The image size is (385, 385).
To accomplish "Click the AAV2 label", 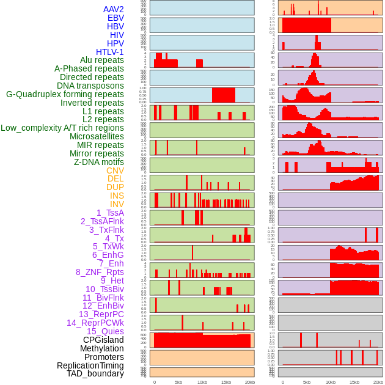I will (x=113, y=9).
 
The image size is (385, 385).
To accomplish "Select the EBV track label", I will (x=115, y=18).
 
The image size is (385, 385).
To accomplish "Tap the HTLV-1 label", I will (x=109, y=52).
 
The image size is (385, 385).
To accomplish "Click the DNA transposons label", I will (x=90, y=86).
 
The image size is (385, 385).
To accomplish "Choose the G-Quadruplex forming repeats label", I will (x=65, y=95).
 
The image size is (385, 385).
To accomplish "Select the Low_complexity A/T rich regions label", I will (x=62, y=128).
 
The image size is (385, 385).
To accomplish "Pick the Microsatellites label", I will (x=96, y=136).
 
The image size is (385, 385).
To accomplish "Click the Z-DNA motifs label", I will (x=98, y=162).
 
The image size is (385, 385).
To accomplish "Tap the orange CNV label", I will (x=115, y=170).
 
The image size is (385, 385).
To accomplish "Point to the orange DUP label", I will (x=115, y=187).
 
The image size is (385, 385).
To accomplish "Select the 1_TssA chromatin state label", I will (x=110, y=213).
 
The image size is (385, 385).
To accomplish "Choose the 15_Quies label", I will (x=105, y=331).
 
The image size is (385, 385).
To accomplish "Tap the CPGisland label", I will (x=103, y=340).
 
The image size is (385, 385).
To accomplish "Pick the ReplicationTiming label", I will (x=90, y=365).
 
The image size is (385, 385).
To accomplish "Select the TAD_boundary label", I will (x=95, y=373).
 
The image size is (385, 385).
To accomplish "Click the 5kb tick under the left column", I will (x=178, y=382).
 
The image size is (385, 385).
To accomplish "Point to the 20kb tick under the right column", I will (x=378, y=382).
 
